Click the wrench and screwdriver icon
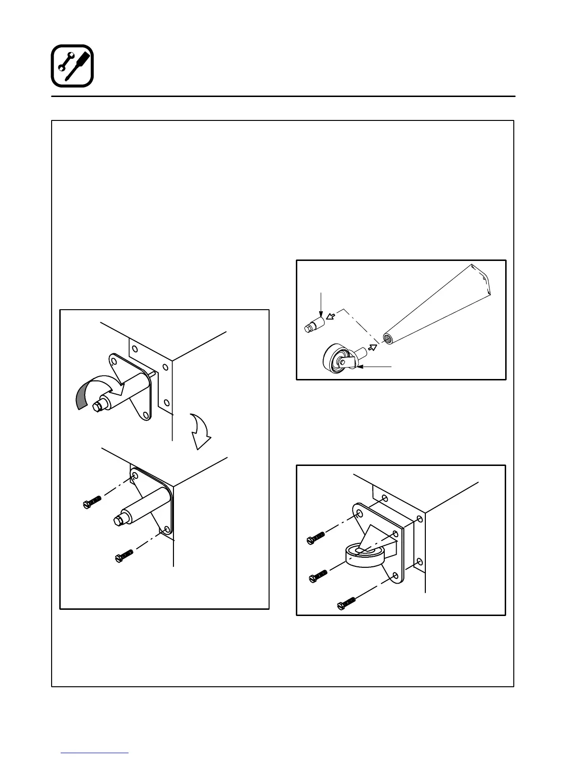point(72,66)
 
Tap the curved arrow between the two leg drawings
point(200,431)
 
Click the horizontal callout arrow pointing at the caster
point(376,367)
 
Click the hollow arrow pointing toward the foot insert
point(330,316)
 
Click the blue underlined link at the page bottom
point(95,753)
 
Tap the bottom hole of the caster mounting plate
point(395,576)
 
